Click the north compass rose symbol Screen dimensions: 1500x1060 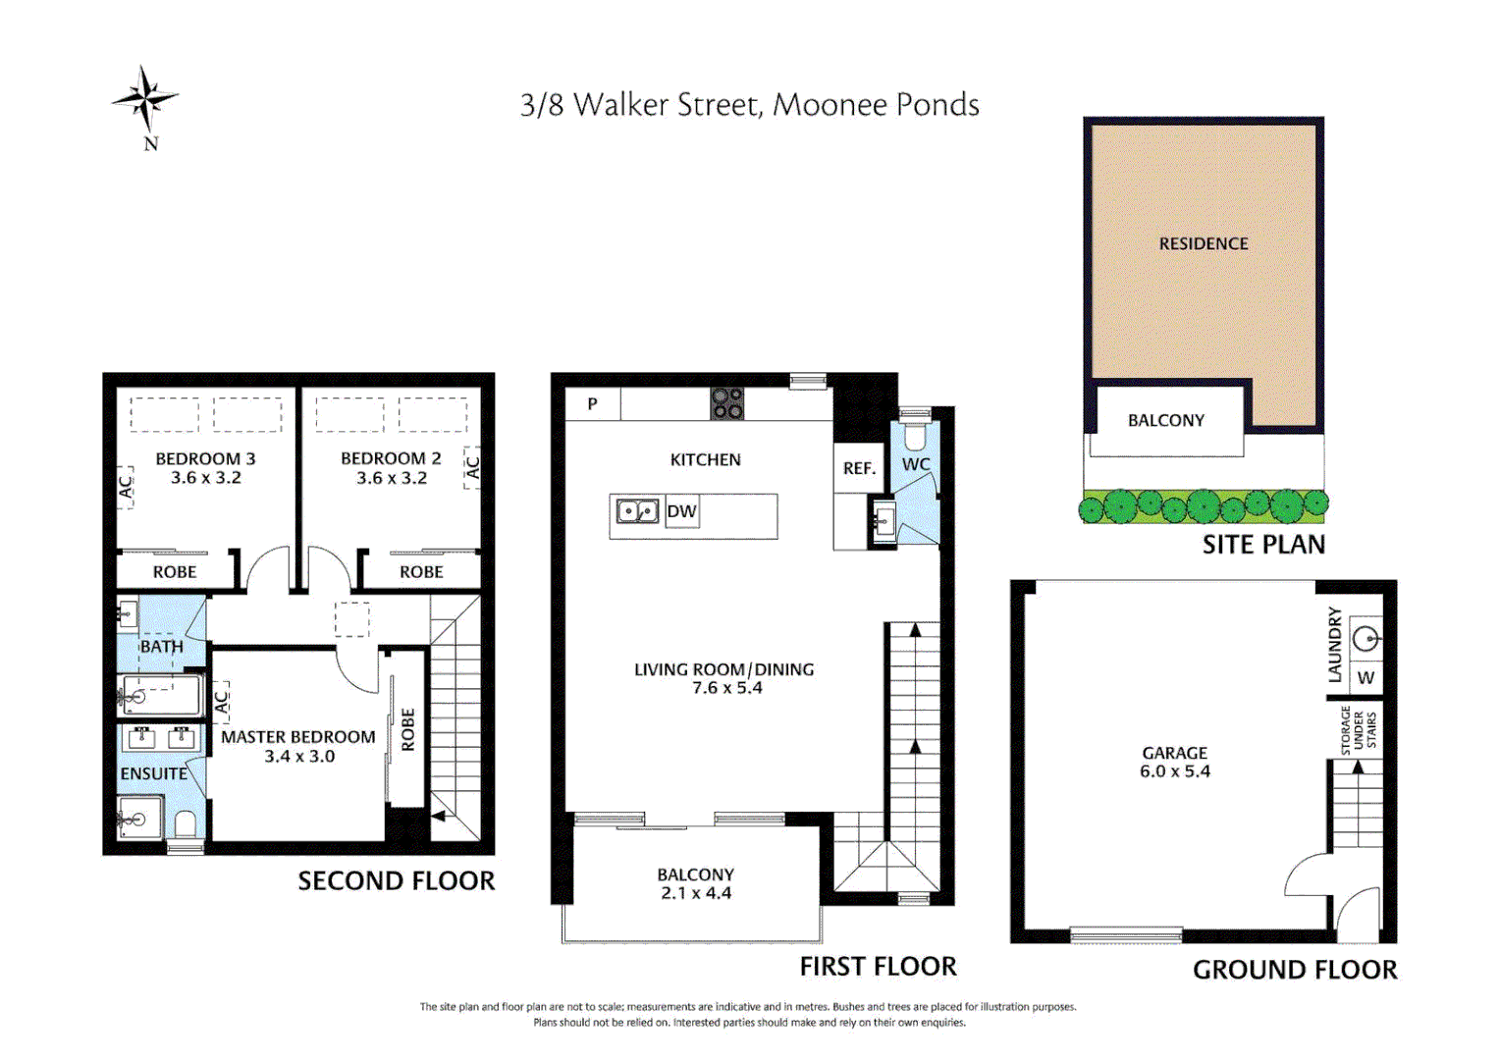click(x=145, y=99)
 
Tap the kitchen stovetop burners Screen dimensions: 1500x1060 click(x=727, y=403)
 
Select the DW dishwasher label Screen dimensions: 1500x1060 click(x=681, y=511)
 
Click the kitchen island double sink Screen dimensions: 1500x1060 click(x=637, y=511)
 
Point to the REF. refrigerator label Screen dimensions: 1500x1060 click(x=859, y=469)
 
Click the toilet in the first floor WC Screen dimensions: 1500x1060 click(x=915, y=431)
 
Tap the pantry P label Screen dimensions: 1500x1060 click(x=593, y=403)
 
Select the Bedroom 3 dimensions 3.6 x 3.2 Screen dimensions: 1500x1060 click(x=205, y=477)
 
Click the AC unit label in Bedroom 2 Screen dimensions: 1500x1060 click(x=472, y=467)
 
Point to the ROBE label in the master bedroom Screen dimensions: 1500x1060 click(x=407, y=730)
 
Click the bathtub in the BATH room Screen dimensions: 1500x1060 click(x=159, y=696)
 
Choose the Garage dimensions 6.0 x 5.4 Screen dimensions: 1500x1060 click(x=1174, y=770)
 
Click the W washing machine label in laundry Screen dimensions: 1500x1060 click(x=1366, y=677)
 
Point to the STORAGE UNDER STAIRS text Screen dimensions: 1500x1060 click(x=1359, y=730)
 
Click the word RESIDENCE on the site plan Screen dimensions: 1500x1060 click(x=1204, y=243)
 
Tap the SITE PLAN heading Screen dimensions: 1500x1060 click(x=1263, y=545)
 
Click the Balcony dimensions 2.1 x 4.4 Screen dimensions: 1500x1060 click(x=696, y=892)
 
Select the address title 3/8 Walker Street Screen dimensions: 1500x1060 click(x=641, y=105)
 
